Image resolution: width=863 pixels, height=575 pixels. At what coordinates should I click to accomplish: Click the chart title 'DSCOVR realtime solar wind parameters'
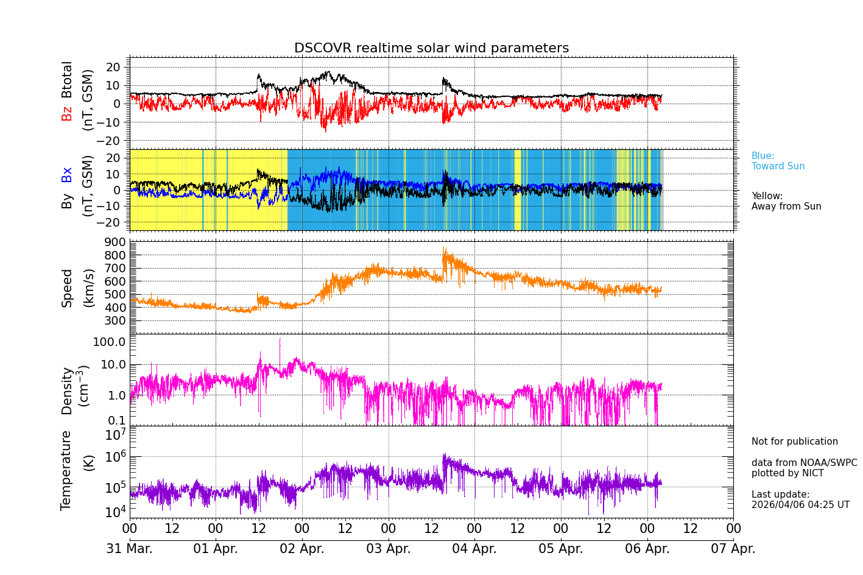pyautogui.click(x=431, y=48)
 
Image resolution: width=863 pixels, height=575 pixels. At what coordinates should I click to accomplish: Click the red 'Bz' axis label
pyautogui.click(x=66, y=113)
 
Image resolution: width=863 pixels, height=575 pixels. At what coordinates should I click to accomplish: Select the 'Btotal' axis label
pyautogui.click(x=66, y=79)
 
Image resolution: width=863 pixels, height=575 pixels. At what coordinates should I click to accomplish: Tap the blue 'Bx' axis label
pyautogui.click(x=66, y=174)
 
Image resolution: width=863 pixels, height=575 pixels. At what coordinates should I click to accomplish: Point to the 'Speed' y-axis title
pyautogui.click(x=67, y=288)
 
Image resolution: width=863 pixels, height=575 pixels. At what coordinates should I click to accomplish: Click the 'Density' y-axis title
pyautogui.click(x=67, y=390)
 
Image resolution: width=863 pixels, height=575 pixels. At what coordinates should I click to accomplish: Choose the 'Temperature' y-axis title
pyautogui.click(x=66, y=470)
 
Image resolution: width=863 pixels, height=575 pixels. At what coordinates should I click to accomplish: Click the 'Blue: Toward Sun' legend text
pyautogui.click(x=778, y=161)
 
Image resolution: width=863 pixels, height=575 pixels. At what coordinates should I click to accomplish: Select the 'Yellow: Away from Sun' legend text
pyautogui.click(x=786, y=201)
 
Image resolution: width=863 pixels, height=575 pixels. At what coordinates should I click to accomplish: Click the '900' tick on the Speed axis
pyautogui.click(x=117, y=242)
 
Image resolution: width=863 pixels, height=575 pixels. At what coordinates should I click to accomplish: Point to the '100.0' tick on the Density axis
pyautogui.click(x=110, y=342)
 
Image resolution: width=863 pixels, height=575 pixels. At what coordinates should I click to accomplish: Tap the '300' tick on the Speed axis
pyautogui.click(x=117, y=321)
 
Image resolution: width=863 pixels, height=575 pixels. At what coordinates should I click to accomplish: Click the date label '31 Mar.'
pyautogui.click(x=130, y=549)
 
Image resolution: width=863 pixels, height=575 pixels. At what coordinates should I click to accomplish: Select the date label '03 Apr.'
pyautogui.click(x=388, y=549)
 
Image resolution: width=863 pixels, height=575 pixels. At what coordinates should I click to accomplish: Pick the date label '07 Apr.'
pyautogui.click(x=733, y=549)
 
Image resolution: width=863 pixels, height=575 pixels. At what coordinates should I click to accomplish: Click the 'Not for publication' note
pyautogui.click(x=794, y=442)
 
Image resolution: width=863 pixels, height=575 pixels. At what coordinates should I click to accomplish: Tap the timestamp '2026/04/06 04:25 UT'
pyautogui.click(x=800, y=505)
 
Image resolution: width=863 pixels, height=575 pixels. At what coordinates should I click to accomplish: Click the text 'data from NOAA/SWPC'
pyautogui.click(x=804, y=463)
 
